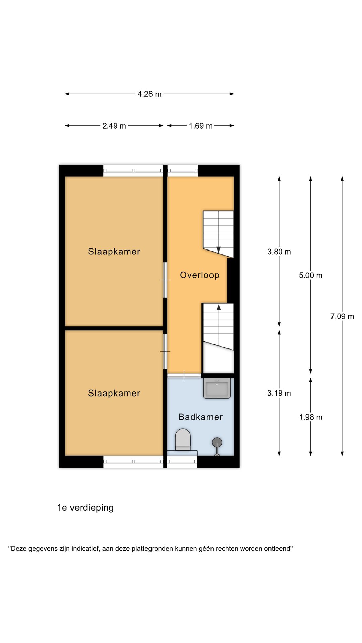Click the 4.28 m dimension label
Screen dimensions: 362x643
[x=149, y=94]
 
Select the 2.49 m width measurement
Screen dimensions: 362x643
[x=114, y=126]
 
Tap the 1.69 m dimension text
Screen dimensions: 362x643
[x=200, y=126]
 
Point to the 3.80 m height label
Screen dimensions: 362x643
[x=279, y=252]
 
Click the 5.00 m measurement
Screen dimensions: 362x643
[x=310, y=275]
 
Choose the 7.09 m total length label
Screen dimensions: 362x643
[x=342, y=316]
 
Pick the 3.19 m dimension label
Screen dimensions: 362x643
[x=279, y=393]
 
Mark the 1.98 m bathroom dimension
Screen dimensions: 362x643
[x=310, y=417]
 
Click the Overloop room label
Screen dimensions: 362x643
[x=200, y=275]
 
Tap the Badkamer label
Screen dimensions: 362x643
[x=200, y=417]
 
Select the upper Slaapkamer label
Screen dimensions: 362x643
[x=114, y=252]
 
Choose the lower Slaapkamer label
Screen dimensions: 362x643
[x=114, y=393]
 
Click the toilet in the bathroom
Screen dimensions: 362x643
[x=183, y=440]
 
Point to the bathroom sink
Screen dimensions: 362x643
[x=217, y=388]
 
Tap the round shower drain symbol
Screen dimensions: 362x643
[x=217, y=443]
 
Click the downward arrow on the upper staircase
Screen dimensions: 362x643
[x=219, y=249]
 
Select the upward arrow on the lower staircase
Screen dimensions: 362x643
[x=219, y=307]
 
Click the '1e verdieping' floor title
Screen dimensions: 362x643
[x=85, y=508]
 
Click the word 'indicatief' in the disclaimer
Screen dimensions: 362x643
[x=85, y=549]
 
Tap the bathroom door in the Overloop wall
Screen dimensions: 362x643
[x=184, y=375]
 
